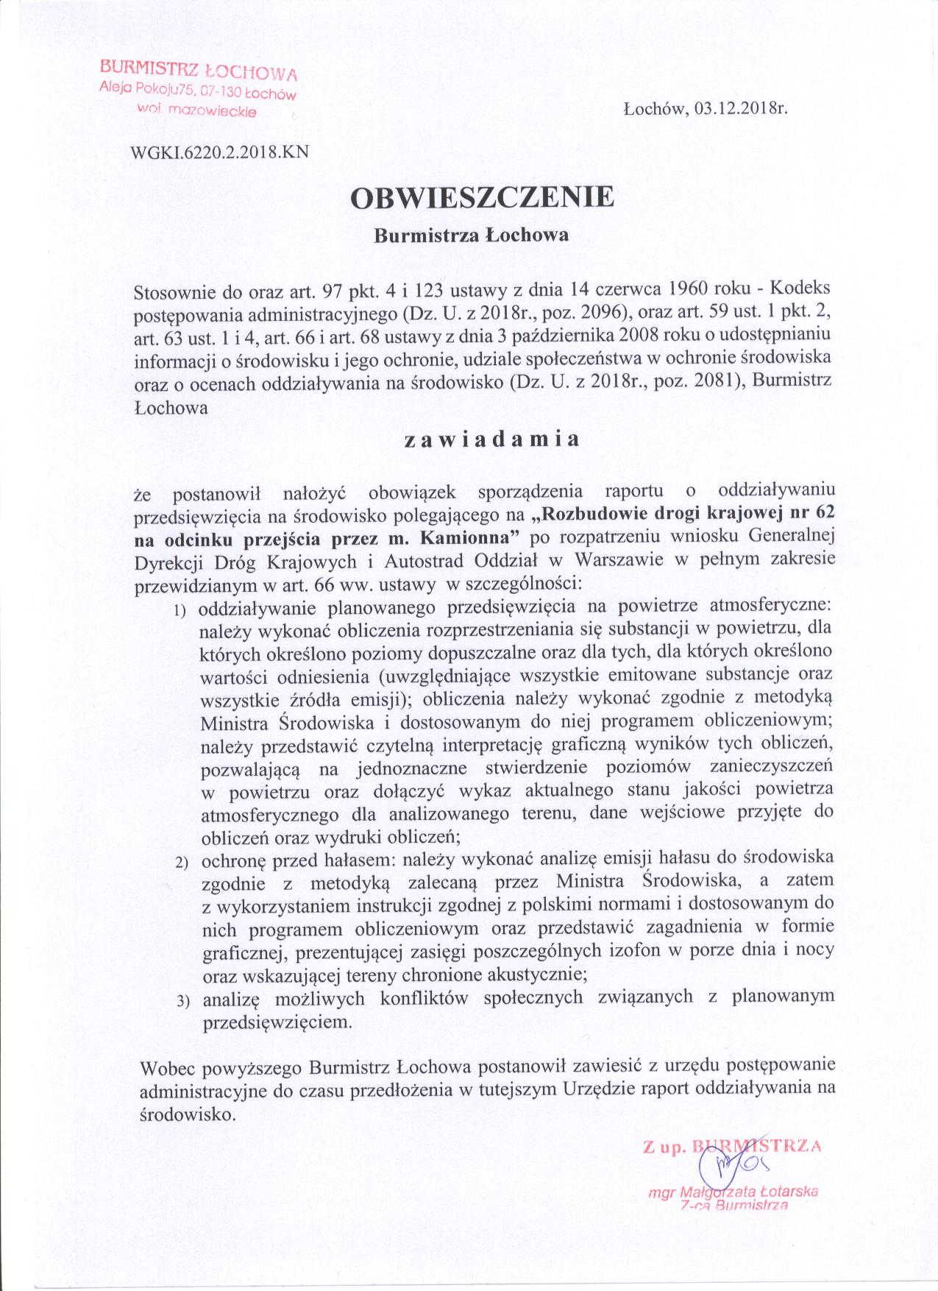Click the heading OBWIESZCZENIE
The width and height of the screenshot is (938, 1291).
click(x=481, y=198)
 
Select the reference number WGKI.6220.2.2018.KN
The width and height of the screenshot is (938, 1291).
click(x=218, y=152)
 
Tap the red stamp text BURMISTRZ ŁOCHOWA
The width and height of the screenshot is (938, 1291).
click(x=199, y=71)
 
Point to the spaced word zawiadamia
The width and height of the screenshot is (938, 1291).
click(x=492, y=439)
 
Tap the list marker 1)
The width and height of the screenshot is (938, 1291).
click(x=180, y=611)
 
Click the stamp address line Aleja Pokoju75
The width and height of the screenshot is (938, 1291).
click(x=143, y=89)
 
